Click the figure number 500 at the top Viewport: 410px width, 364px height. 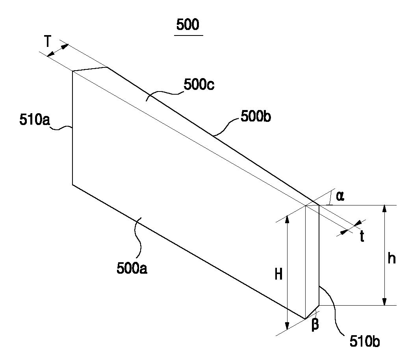pos(188,25)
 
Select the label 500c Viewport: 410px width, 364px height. pos(199,85)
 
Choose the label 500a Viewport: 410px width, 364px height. pos(132,268)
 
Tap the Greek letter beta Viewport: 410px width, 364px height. pos(315,326)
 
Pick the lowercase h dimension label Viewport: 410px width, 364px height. pos(391,258)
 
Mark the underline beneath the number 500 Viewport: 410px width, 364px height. pos(188,35)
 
